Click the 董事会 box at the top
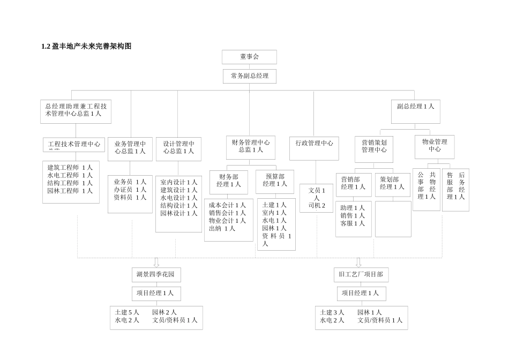pos(249,57)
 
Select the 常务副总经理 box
pos(249,76)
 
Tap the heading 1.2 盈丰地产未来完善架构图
pos(86,47)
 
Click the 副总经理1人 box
pos(415,107)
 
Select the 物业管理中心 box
pos(434,146)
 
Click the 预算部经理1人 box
pos(275,181)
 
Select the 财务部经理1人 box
pos(229,181)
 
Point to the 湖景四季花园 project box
pos(156,275)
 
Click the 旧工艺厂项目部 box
pos(361,275)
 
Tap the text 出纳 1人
pos(222,228)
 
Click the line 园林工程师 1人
pos(70,191)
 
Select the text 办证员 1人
pos(130,190)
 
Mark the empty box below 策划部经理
pos(393,219)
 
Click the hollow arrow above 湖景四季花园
pos(156,262)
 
